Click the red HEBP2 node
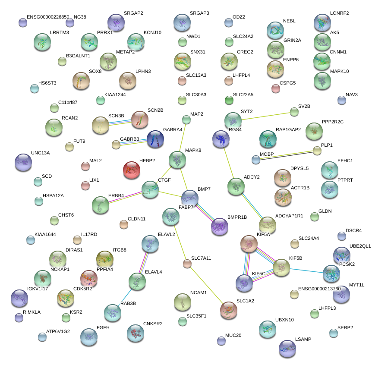tap(132, 170)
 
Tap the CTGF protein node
tap(150, 189)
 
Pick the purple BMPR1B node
tap(219, 226)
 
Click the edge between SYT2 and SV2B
tap(264, 116)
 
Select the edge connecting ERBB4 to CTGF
tap(125, 197)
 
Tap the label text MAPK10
tap(339, 71)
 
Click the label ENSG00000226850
tap(47, 17)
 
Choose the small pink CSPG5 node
tap(276, 88)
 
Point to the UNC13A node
tap(23, 161)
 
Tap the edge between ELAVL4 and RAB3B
tap(125, 297)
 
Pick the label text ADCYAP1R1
tap(289, 215)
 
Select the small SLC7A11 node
tap(187, 263)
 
